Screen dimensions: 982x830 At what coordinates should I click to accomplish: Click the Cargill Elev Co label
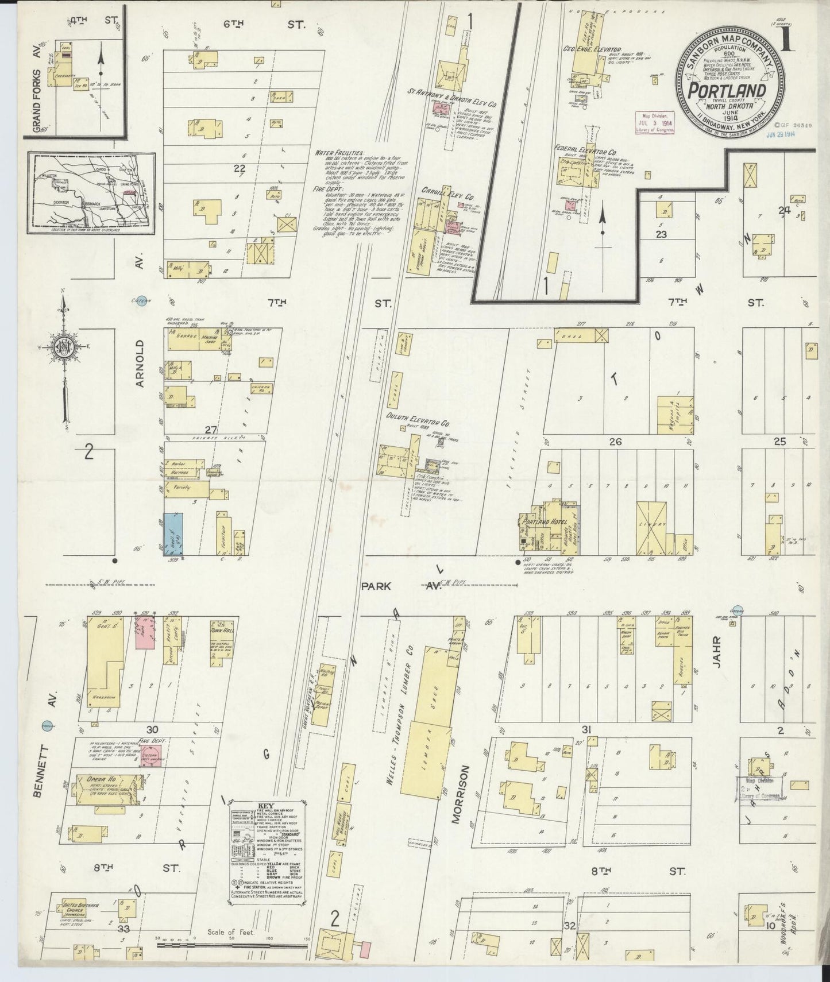point(439,190)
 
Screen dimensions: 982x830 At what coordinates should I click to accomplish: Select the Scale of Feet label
point(228,932)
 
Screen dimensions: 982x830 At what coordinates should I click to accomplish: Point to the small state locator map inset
point(92,194)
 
